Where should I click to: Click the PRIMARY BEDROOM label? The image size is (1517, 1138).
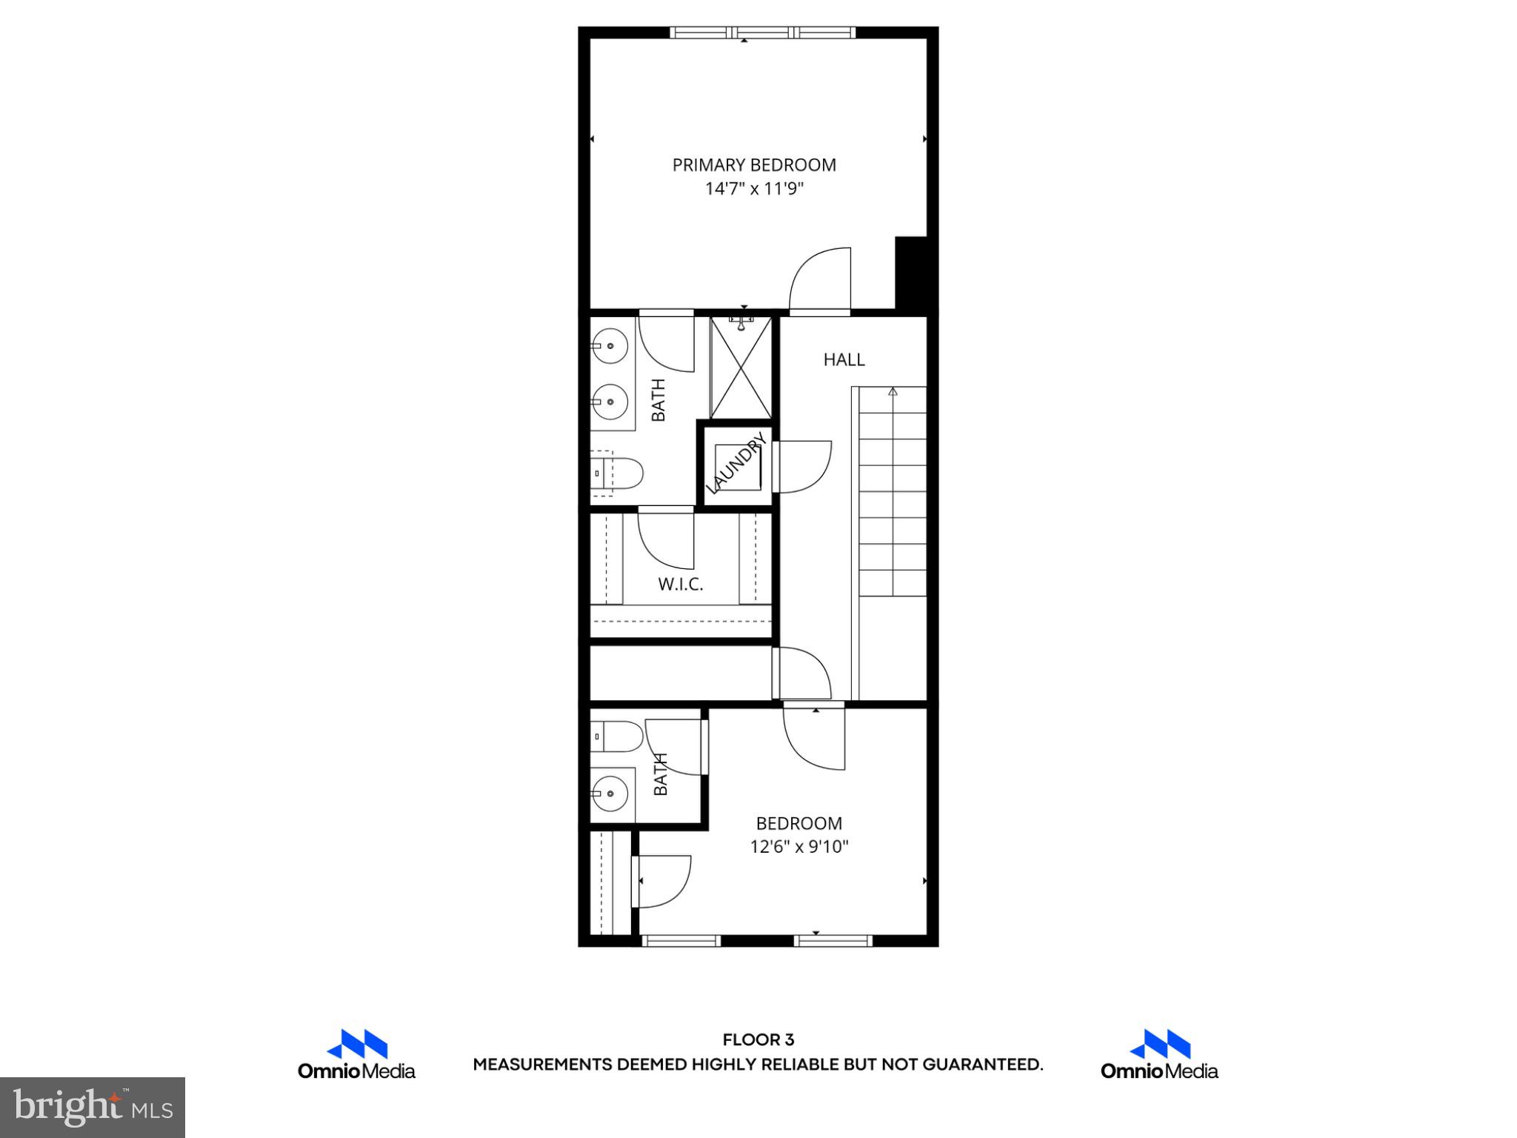pyautogui.click(x=754, y=165)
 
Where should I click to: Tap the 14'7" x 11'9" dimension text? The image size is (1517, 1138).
pyautogui.click(x=754, y=189)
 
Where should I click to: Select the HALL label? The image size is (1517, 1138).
pyautogui.click(x=844, y=360)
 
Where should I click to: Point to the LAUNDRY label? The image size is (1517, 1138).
pyautogui.click(x=735, y=465)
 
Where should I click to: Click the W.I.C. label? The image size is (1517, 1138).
pyautogui.click(x=680, y=585)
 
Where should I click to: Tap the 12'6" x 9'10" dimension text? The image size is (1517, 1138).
pyautogui.click(x=798, y=847)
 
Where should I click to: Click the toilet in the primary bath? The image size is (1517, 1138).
pyautogui.click(x=619, y=473)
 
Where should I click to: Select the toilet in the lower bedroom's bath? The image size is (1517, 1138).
pyautogui.click(x=619, y=736)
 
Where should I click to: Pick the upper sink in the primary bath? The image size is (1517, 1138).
pyautogui.click(x=611, y=345)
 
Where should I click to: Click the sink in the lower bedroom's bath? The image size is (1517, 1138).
pyautogui.click(x=611, y=794)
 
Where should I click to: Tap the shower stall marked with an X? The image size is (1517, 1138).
pyautogui.click(x=741, y=368)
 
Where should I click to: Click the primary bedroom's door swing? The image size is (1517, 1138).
pyautogui.click(x=821, y=280)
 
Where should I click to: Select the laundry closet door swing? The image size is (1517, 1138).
pyautogui.click(x=802, y=466)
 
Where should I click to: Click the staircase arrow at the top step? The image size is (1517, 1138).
pyautogui.click(x=893, y=391)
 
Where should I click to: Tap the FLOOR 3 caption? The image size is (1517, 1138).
pyautogui.click(x=758, y=1040)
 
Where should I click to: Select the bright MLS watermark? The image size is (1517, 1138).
pyautogui.click(x=93, y=1108)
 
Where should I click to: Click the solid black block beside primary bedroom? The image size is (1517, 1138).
pyautogui.click(x=911, y=273)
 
